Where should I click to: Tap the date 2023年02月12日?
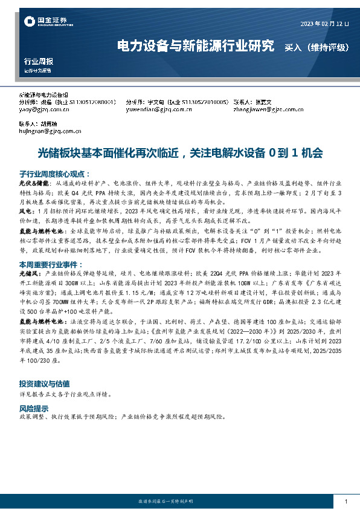[325, 24]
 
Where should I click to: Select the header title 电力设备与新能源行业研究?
[195, 46]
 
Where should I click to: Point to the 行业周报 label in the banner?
[38, 61]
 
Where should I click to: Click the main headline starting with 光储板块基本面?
[180, 152]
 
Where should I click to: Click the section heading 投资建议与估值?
[44, 383]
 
